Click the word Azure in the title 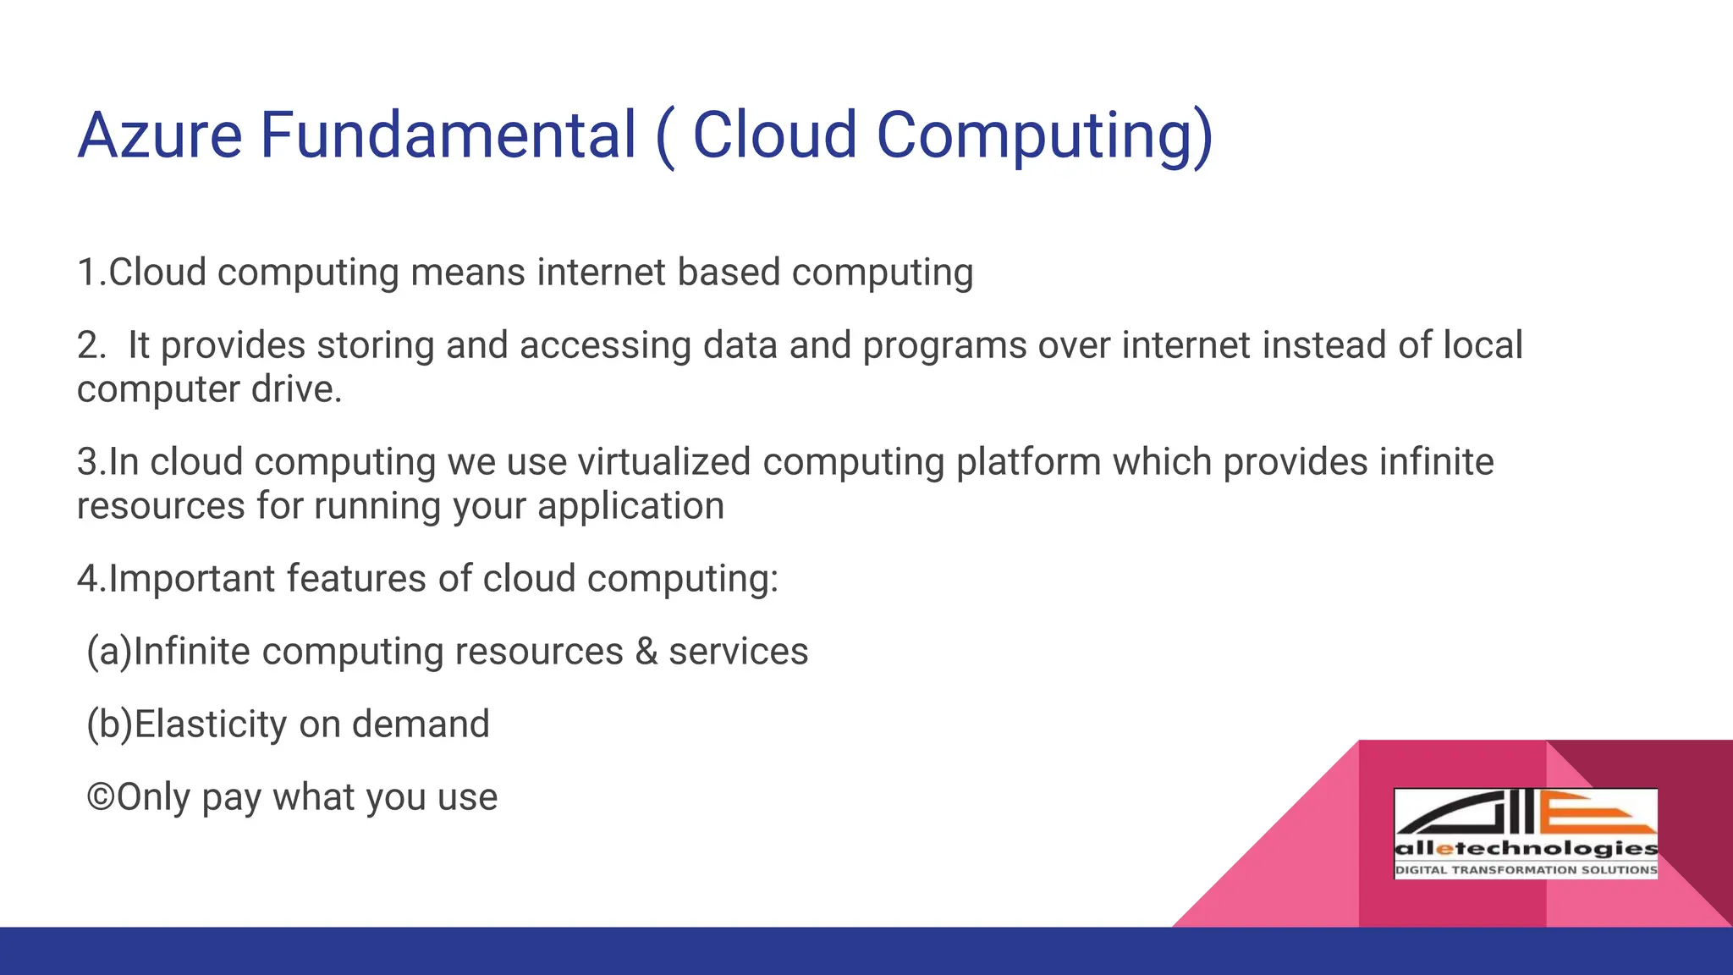click(x=160, y=135)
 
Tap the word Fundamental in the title click(x=448, y=135)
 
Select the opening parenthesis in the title click(x=666, y=137)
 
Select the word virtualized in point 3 click(x=664, y=462)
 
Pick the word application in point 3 click(x=630, y=506)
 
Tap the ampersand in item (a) click(x=646, y=652)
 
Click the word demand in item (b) click(x=421, y=724)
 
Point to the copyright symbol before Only click(x=101, y=797)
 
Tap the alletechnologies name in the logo click(x=1525, y=849)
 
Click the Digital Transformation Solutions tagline click(x=1525, y=870)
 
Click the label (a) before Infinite click(x=109, y=652)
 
